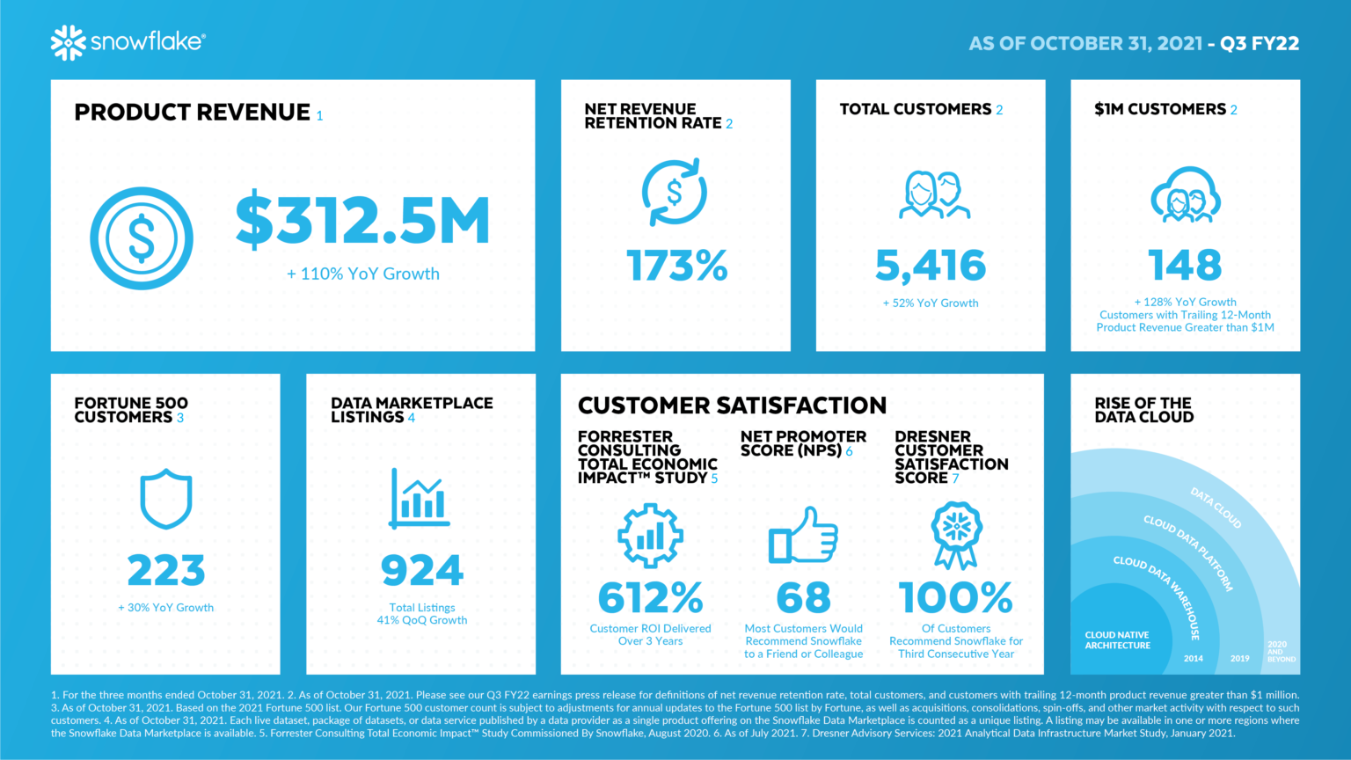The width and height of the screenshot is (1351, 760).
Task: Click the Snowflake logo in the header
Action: [x=128, y=42]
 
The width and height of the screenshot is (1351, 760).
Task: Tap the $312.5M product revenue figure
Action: [x=362, y=220]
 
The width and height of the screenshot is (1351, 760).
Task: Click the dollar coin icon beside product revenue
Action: [x=142, y=238]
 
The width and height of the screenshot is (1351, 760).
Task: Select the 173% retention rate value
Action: [x=676, y=266]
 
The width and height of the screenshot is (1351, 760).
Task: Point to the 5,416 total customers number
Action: [x=931, y=266]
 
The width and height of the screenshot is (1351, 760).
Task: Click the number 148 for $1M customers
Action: [x=1185, y=266]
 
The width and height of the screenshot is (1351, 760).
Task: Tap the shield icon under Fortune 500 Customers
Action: [x=166, y=499]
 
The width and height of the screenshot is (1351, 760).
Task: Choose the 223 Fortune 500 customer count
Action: [x=166, y=571]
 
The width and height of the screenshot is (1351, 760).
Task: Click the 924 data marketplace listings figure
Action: [x=422, y=571]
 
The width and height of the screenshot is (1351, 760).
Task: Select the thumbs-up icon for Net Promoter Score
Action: [x=803, y=536]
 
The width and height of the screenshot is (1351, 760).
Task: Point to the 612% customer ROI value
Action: [x=650, y=598]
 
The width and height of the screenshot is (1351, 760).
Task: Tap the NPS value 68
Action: [x=803, y=598]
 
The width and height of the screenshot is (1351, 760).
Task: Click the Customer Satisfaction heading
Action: [x=732, y=406]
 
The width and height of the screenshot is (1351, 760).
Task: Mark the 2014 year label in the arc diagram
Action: [x=1193, y=658]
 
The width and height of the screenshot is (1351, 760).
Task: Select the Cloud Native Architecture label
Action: [x=1117, y=640]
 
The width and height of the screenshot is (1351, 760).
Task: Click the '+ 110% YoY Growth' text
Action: [x=363, y=274]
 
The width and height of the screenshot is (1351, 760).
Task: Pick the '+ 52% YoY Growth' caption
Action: [x=931, y=303]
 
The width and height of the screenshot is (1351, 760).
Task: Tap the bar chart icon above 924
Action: [x=420, y=499]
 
